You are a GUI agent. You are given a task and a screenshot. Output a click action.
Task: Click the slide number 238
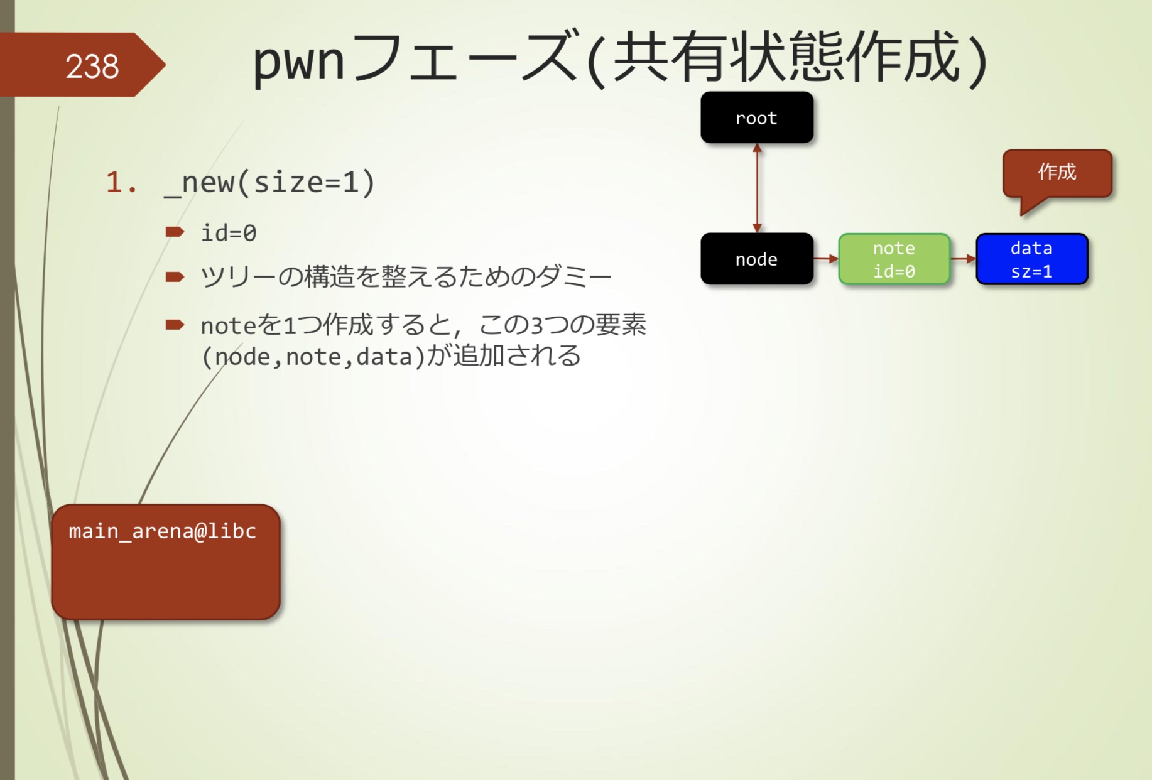(x=92, y=66)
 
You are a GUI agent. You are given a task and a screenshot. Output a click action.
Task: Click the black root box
(x=756, y=118)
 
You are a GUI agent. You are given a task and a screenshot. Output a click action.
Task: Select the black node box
(x=756, y=259)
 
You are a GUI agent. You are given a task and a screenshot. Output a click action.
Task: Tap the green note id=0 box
(x=894, y=259)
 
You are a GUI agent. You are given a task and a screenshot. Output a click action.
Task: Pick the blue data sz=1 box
(x=1031, y=259)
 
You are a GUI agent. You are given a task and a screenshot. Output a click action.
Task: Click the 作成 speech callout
(x=1057, y=173)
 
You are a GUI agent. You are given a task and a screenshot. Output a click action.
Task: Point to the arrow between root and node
(x=757, y=188)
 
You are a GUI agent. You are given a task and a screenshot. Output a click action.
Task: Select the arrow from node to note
(x=825, y=258)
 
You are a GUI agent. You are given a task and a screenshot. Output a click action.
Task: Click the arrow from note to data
(x=963, y=258)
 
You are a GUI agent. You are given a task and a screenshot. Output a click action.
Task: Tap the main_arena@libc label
(x=163, y=531)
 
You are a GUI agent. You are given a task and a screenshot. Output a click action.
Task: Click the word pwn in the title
(x=298, y=60)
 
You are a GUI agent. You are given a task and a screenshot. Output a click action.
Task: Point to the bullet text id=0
(x=229, y=233)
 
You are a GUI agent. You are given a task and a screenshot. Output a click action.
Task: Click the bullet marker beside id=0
(x=175, y=232)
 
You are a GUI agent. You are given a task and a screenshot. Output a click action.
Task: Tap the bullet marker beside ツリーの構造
(x=175, y=277)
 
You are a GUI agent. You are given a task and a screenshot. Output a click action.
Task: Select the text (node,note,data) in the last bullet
(x=313, y=357)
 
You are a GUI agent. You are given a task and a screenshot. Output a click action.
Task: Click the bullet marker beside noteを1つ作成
(x=175, y=325)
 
